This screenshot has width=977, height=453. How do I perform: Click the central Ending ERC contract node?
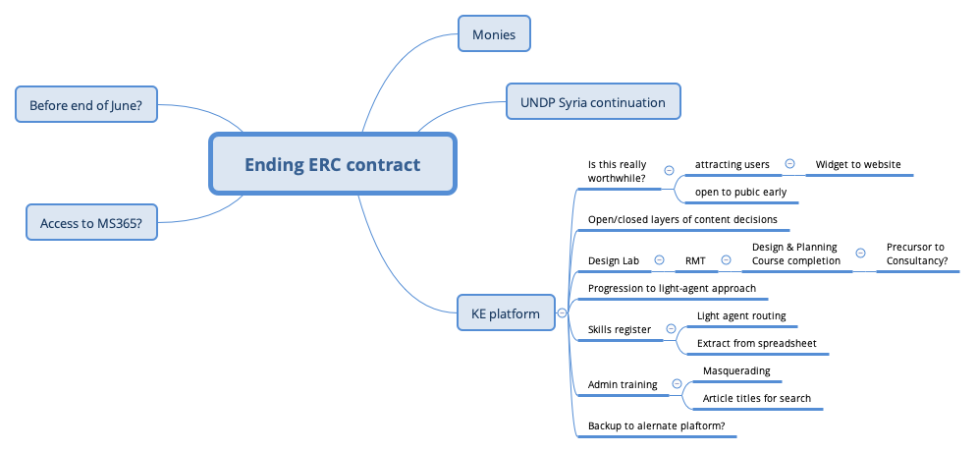point(332,164)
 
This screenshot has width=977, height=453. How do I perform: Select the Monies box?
point(494,34)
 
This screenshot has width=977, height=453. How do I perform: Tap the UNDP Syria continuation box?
point(592,102)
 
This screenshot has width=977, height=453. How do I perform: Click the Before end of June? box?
point(86,104)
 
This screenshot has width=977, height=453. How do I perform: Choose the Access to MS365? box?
point(90,223)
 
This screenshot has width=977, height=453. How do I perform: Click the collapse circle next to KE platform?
point(562,313)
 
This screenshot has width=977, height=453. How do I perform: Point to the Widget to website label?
point(858,164)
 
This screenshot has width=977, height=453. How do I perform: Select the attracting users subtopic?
point(732,164)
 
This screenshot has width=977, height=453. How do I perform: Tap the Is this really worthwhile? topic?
point(617,170)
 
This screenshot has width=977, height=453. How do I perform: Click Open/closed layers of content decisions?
point(681,219)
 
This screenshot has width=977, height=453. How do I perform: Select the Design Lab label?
point(613,260)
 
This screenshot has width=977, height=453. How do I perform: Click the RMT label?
point(695,260)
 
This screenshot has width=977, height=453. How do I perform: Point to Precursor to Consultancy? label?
point(915,254)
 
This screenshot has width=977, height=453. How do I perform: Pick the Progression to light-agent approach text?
point(672,288)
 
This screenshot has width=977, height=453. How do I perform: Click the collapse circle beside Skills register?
point(671,329)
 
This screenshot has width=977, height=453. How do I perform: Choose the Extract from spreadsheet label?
point(756,343)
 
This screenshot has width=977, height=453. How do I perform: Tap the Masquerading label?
point(735,370)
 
